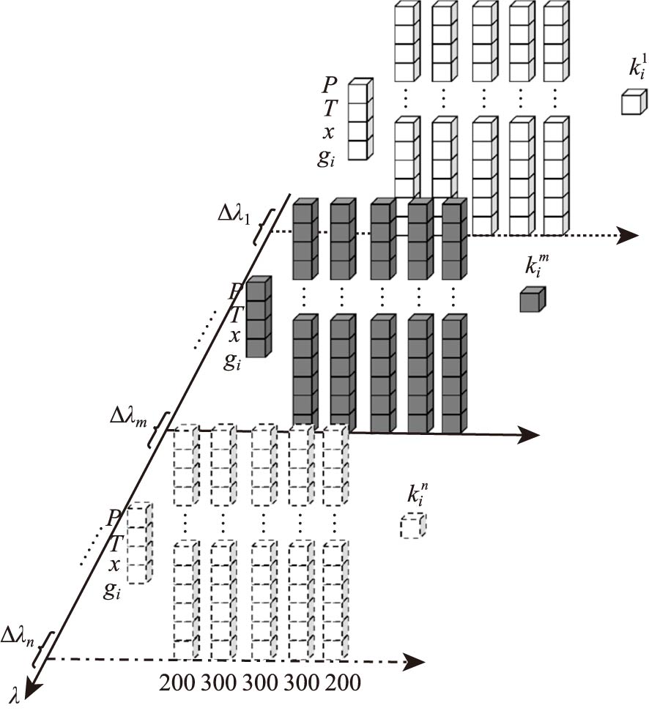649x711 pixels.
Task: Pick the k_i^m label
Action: [x=536, y=265]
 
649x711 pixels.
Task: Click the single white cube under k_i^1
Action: [x=634, y=102]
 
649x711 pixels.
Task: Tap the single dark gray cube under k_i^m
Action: [x=532, y=299]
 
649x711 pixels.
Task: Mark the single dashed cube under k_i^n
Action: [x=412, y=526]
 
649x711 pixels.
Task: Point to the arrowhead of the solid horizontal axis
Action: [x=530, y=435]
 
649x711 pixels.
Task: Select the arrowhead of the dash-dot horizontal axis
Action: [x=415, y=662]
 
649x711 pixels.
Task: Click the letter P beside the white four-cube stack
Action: [x=330, y=86]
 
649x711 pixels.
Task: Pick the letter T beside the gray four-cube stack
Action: [x=236, y=315]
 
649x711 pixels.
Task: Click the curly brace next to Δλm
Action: [x=157, y=430]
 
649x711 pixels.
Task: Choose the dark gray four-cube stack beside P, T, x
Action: [x=258, y=317]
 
